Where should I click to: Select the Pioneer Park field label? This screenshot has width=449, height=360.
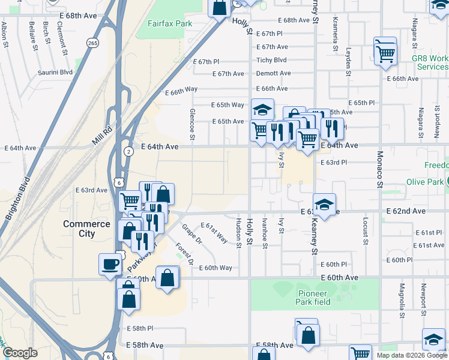(x=313, y=298)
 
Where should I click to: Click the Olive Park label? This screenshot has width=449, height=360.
(x=424, y=182)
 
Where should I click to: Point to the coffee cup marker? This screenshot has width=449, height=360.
(x=110, y=264)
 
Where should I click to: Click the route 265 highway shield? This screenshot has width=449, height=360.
(x=92, y=43)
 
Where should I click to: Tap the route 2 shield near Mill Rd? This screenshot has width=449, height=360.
(x=128, y=152)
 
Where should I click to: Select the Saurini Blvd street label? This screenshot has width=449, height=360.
(x=58, y=72)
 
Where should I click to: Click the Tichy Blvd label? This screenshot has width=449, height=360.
(x=271, y=60)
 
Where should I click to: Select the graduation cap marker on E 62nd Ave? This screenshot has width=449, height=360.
(x=324, y=205)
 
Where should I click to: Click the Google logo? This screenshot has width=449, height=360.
(x=20, y=353)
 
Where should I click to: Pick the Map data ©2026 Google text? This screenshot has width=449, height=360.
(x=411, y=355)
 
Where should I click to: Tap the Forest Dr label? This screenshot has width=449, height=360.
(x=184, y=254)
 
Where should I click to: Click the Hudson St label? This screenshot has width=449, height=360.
(x=238, y=233)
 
